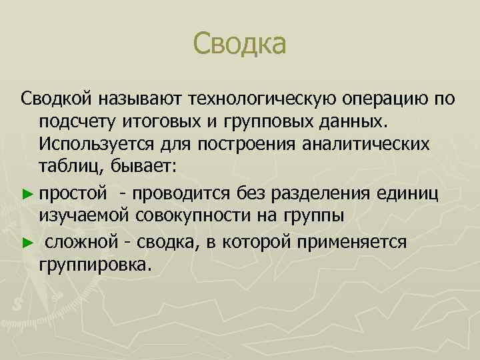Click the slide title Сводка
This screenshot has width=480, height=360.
239,45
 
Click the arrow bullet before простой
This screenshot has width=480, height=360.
27,194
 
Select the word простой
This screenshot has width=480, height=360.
72,194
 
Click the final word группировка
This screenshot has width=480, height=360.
95,264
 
